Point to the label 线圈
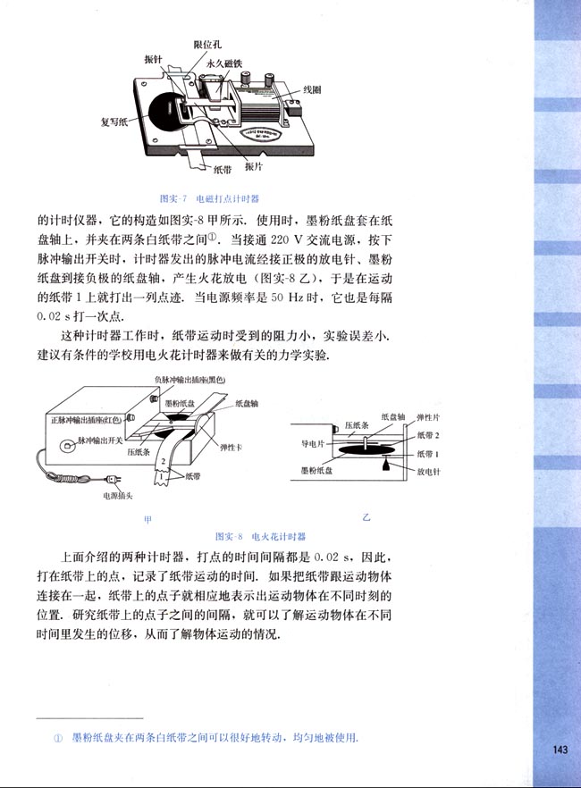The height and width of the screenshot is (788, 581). tap(311, 90)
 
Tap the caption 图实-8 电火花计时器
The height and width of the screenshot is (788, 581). tap(261, 537)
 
